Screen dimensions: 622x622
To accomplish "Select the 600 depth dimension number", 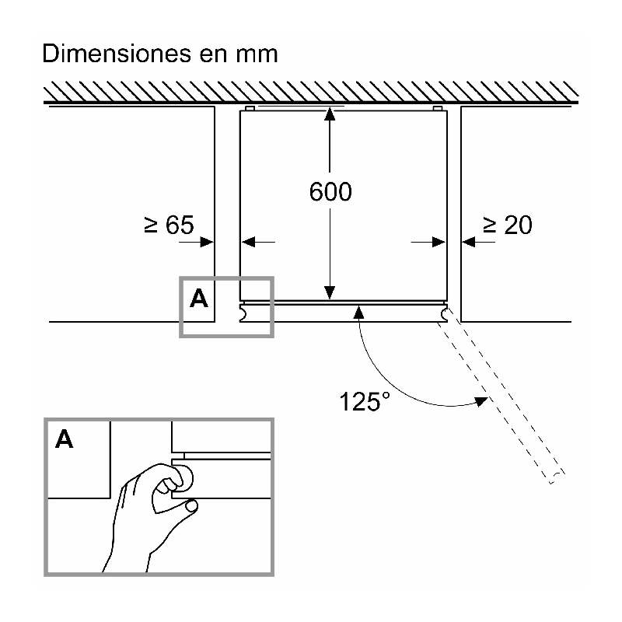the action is (x=330, y=192).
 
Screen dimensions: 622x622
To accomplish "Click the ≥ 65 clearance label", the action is (x=169, y=225).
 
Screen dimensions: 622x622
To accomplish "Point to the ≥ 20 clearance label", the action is (x=508, y=225).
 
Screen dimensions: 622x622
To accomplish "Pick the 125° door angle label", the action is (x=365, y=401).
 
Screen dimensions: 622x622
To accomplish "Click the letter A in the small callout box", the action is (x=199, y=299).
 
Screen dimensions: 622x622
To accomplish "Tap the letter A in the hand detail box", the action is (x=65, y=439).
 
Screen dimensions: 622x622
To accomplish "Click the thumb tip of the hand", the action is (x=192, y=505).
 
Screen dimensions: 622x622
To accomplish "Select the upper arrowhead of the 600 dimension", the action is (x=330, y=114).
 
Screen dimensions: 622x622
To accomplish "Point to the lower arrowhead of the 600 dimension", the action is (x=330, y=293).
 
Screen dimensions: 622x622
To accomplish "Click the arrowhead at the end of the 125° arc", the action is (x=481, y=401).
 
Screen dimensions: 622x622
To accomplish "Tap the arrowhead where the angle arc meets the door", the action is (x=358, y=313).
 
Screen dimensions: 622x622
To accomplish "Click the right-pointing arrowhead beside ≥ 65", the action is (x=207, y=242).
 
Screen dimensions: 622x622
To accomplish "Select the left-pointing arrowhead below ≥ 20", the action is (x=469, y=242).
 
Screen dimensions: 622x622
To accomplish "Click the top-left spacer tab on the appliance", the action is (x=250, y=108).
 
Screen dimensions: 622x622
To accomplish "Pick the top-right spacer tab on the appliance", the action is (x=438, y=108).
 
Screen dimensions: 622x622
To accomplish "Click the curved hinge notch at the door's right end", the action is (x=444, y=314).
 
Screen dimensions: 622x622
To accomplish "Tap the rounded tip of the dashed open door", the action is (x=557, y=477).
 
